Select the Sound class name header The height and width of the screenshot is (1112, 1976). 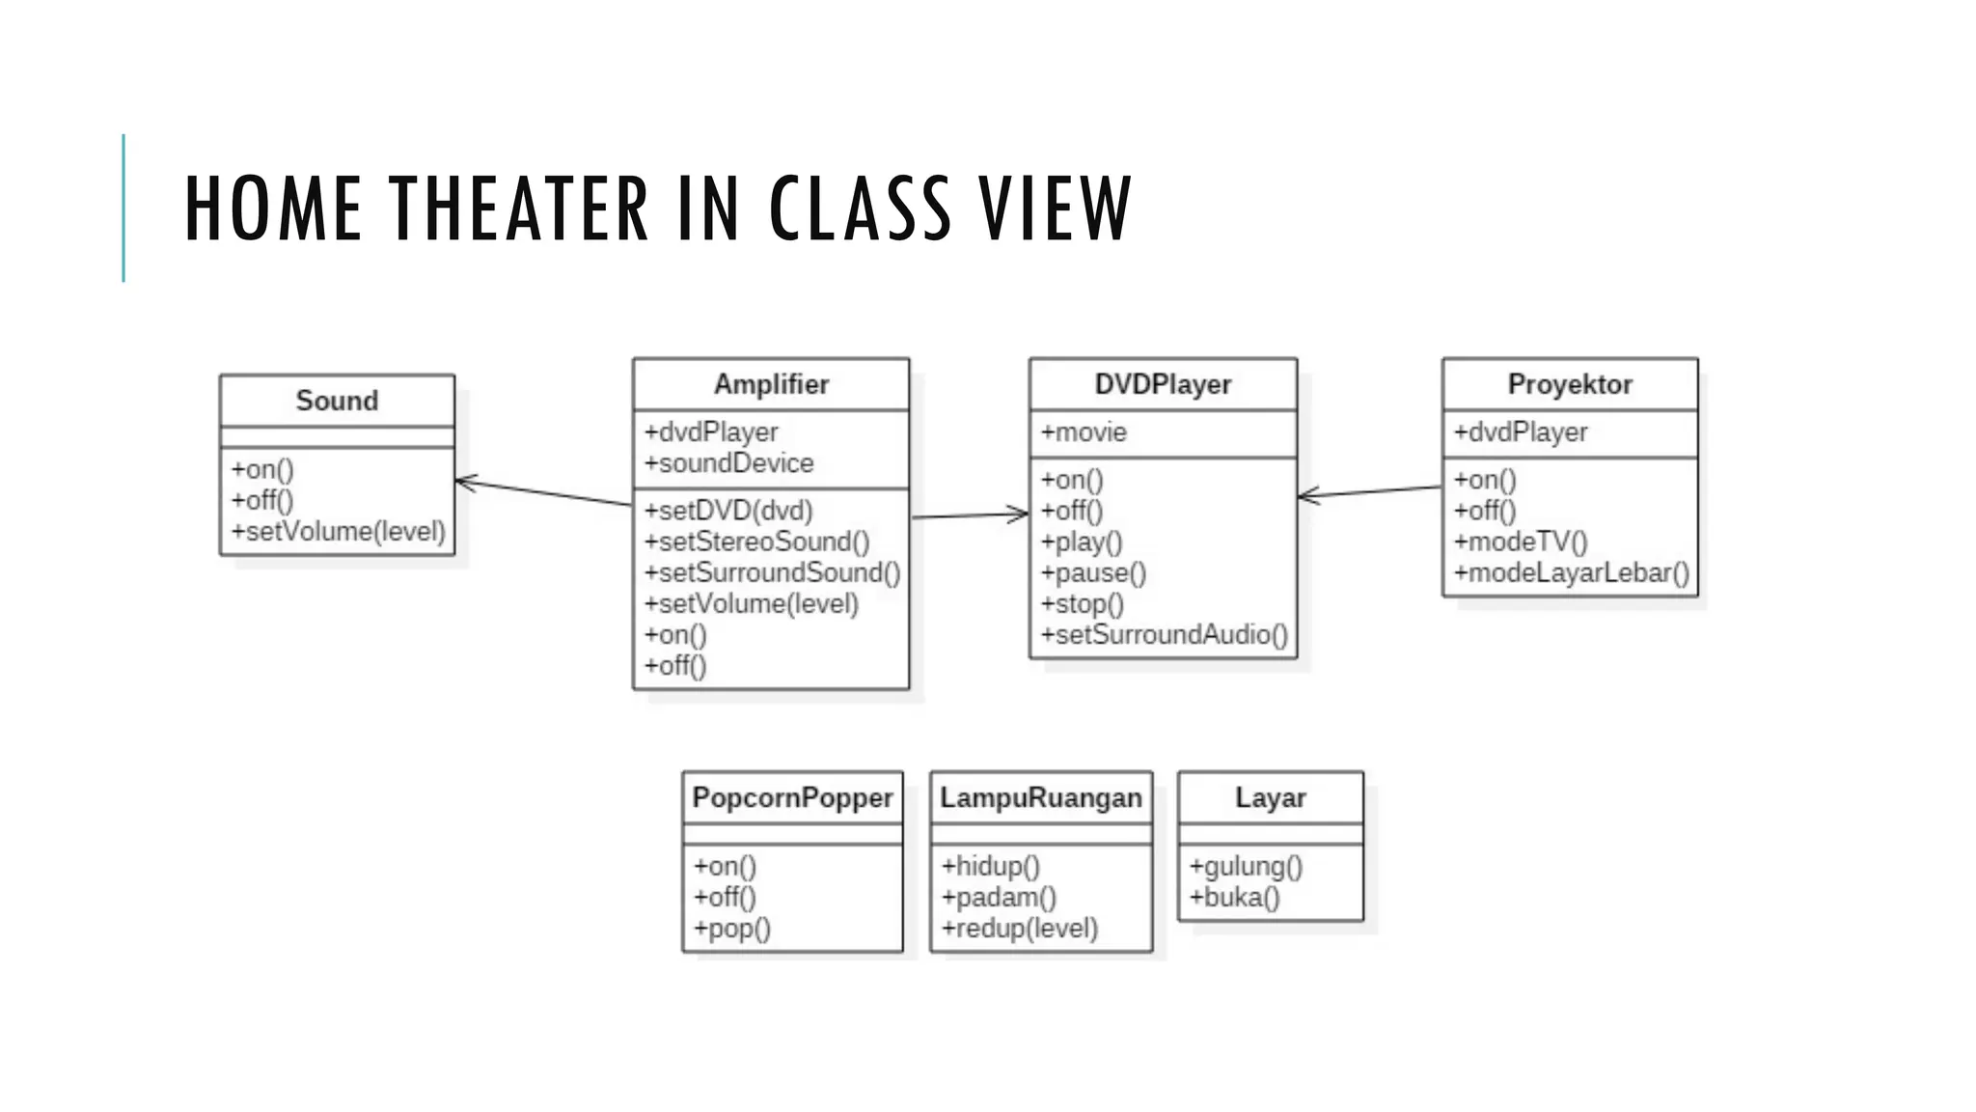337,401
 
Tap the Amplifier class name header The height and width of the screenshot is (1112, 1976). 771,384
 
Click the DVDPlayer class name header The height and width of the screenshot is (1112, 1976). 1163,384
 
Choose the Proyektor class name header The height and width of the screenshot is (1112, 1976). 1570,384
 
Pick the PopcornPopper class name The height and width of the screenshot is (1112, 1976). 792,797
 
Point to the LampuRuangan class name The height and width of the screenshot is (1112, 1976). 1041,797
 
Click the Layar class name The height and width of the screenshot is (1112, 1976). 1270,797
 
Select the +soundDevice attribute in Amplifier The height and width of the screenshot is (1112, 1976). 729,463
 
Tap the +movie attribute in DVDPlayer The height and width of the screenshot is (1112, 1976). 1084,432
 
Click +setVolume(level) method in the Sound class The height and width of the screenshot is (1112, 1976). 338,532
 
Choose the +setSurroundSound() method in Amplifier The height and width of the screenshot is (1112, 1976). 772,572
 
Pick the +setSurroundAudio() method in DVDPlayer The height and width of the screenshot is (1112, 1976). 1164,634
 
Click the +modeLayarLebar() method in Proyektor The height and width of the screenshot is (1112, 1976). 1572,572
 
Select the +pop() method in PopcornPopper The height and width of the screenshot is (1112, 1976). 732,929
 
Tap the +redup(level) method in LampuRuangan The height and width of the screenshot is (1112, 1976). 1020,929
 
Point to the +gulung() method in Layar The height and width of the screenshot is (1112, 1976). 1246,867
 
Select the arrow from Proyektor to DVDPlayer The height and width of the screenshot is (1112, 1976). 1370,492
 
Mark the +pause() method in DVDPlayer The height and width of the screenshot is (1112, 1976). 1093,573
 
